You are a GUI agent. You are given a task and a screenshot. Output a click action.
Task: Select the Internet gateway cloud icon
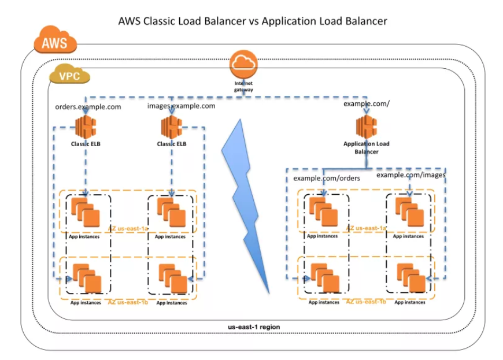(243, 65)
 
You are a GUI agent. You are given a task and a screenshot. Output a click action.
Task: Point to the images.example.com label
(181, 106)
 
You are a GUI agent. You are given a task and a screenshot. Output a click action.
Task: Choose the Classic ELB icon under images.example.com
(171, 127)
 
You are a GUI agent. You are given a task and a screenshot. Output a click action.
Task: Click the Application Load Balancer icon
(367, 126)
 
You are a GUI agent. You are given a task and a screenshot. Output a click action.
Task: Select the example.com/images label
(411, 175)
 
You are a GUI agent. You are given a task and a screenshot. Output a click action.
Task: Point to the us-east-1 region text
(254, 327)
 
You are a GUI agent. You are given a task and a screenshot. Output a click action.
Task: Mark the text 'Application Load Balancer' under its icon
(367, 147)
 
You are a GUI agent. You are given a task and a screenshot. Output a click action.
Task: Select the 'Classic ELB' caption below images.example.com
(171, 143)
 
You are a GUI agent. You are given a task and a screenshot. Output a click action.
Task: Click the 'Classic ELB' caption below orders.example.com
(86, 143)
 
